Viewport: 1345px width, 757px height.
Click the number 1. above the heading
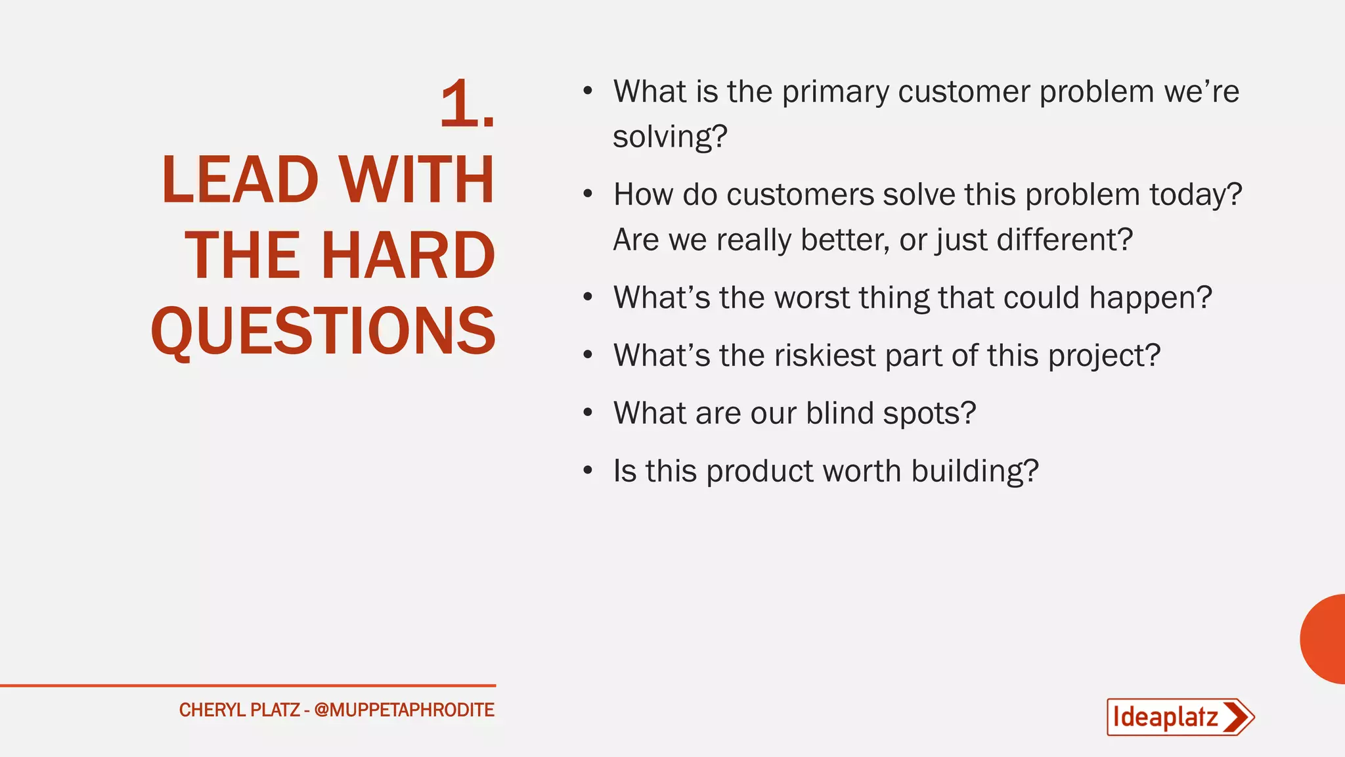[466, 104]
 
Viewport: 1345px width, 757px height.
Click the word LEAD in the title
[240, 180]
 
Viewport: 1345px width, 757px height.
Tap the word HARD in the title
[408, 256]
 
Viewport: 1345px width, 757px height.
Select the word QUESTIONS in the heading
[323, 331]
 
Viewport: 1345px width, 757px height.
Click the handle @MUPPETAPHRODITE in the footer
[404, 710]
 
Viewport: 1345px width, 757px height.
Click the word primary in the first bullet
[835, 92]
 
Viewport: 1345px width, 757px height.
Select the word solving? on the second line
[670, 137]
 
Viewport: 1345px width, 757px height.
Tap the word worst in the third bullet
[812, 298]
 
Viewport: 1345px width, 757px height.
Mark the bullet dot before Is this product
[588, 470]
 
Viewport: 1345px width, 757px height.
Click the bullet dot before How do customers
[588, 194]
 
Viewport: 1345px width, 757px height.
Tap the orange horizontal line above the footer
[248, 685]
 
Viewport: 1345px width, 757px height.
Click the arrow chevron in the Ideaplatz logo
[1237, 717]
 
